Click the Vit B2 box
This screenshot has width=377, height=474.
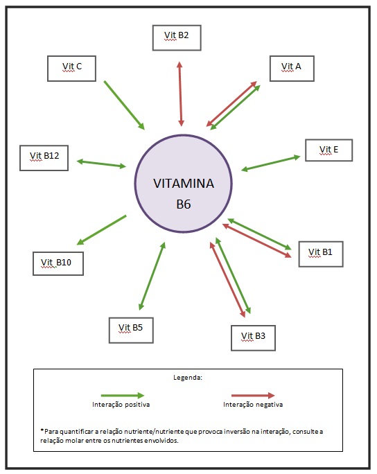coord(177,37)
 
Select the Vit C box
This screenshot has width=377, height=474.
coord(72,67)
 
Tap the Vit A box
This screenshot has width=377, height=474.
coord(292,67)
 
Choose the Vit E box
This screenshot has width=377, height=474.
coord(329,150)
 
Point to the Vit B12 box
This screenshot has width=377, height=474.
coord(44,157)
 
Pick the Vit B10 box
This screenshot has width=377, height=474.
coord(57,263)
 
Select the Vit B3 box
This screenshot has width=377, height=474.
coord(253,337)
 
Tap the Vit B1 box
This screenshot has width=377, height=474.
coord(320,253)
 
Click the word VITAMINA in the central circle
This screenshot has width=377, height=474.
coord(184,184)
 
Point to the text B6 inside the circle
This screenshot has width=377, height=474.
coord(184,205)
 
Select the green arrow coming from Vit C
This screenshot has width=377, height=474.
coord(124,105)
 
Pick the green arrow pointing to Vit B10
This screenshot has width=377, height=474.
coord(101,229)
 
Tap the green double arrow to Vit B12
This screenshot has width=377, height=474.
coord(101,164)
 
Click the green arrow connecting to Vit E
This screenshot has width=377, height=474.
coord(270,163)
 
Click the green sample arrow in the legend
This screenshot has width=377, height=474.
coord(121,394)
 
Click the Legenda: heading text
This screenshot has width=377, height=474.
coord(187,378)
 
